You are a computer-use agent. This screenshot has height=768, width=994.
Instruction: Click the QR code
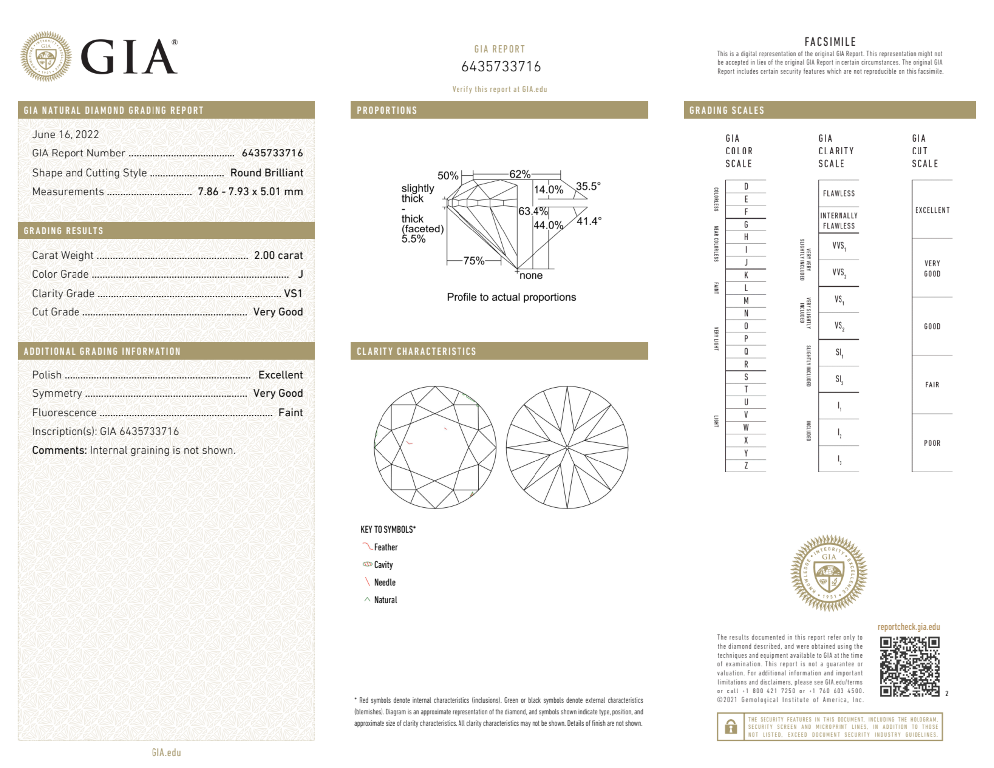909,667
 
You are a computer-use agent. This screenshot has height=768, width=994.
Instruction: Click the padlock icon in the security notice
730,727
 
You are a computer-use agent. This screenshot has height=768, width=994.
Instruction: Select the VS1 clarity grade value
293,294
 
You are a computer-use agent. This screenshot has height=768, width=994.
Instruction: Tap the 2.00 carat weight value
278,255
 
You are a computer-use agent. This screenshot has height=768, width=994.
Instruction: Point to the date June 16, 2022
66,134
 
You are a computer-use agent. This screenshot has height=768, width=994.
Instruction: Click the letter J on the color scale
746,262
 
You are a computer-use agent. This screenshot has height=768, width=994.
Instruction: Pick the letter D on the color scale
746,186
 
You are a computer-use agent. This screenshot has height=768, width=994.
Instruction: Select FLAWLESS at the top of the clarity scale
839,193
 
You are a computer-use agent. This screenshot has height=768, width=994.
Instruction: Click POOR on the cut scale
932,443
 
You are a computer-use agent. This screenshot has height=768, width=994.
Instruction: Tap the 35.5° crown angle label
588,186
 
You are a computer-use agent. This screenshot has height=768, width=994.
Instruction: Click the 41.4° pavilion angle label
589,221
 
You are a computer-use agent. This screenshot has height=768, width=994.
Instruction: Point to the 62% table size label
520,174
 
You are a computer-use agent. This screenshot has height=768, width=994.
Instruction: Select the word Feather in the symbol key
385,547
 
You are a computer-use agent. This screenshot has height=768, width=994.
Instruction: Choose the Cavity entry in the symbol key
383,565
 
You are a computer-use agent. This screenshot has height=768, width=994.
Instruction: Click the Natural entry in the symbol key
385,600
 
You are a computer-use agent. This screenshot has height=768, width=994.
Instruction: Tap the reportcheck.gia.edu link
909,627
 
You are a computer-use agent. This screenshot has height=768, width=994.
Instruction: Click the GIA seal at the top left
46,57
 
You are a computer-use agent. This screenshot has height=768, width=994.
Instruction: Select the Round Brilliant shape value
266,173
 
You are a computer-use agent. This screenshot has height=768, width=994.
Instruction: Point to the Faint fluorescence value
290,412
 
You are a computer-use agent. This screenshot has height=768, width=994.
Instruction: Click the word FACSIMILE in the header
830,42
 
